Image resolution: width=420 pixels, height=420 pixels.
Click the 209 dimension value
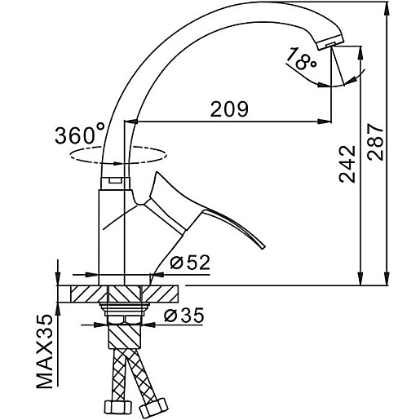(x=229, y=109)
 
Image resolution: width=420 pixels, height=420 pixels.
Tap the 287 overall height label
(x=375, y=142)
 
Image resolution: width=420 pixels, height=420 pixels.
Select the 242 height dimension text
(x=347, y=164)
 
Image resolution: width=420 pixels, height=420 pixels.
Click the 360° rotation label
(x=80, y=134)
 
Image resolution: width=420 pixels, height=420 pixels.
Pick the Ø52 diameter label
(x=190, y=263)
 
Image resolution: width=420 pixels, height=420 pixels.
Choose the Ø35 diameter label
(x=183, y=316)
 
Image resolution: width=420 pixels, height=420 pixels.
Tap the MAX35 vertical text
(x=45, y=351)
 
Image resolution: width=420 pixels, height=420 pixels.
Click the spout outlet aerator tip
(x=331, y=43)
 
